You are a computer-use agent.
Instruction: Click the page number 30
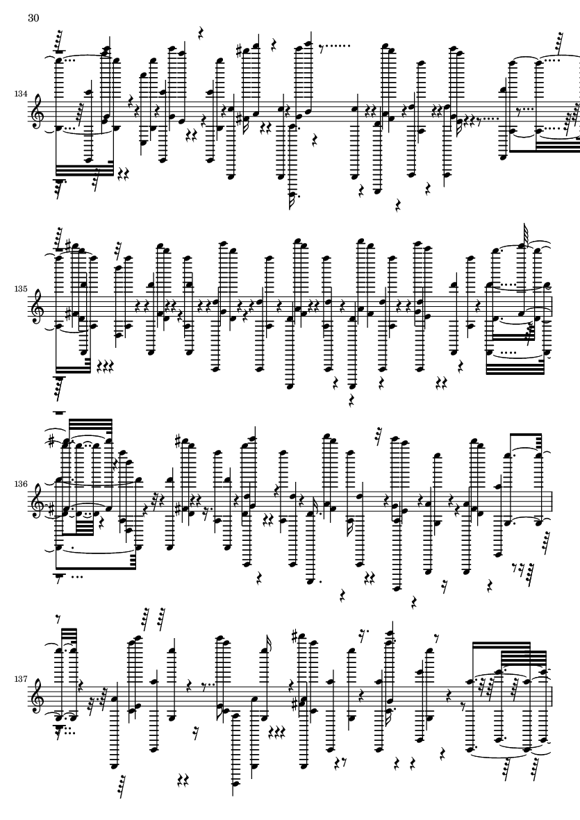pyautogui.click(x=33, y=18)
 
